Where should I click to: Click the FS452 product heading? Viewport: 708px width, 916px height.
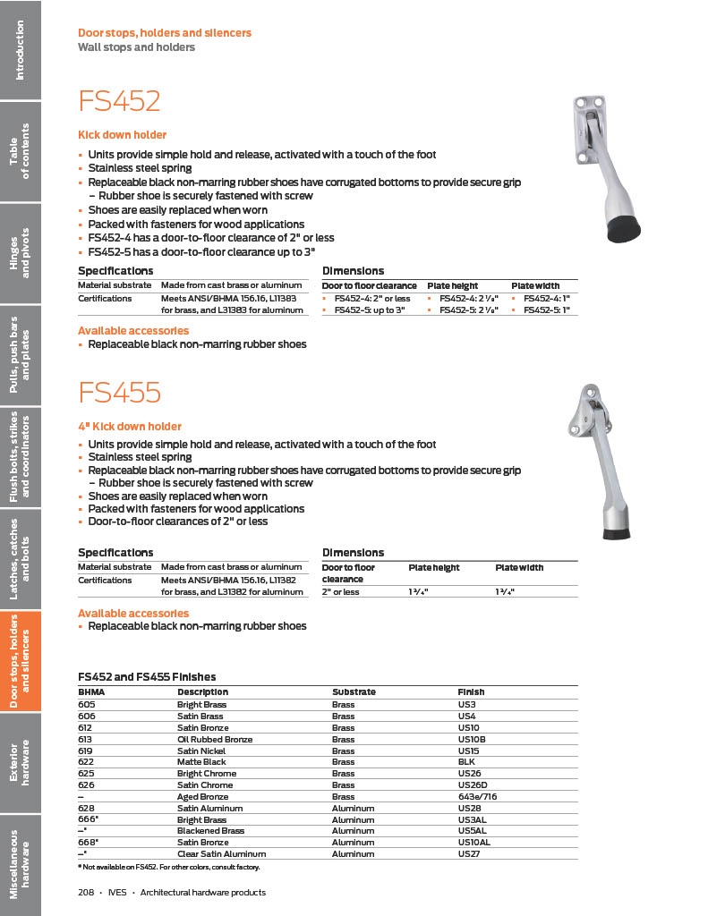tap(119, 101)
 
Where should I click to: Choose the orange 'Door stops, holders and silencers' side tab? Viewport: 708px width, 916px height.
tap(20, 661)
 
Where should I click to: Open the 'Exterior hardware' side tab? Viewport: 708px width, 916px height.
tap(20, 762)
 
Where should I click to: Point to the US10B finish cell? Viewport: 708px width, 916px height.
tap(472, 739)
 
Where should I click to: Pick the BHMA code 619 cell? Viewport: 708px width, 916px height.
tap(87, 751)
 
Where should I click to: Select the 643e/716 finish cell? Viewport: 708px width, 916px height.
tap(477, 796)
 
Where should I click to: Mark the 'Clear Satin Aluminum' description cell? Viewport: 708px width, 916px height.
tap(221, 854)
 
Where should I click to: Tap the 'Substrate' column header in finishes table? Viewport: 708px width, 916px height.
tap(354, 691)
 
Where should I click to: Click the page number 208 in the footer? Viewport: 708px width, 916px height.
tap(87, 892)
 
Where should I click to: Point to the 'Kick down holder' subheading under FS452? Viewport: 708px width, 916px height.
tap(122, 135)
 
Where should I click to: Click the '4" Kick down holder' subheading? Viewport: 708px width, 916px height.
tap(129, 427)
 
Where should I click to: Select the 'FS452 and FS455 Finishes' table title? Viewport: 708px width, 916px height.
tap(147, 677)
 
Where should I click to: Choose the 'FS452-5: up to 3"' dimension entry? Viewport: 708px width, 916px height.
tap(369, 310)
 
